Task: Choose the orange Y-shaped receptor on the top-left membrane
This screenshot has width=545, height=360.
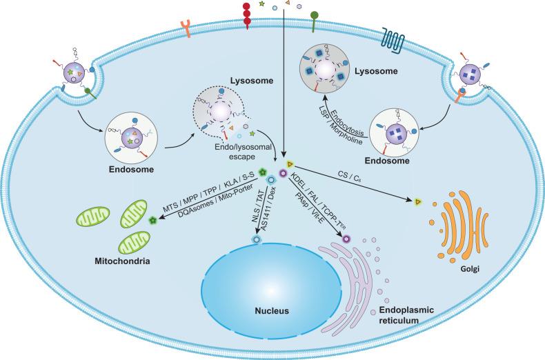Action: pos(186,29)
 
